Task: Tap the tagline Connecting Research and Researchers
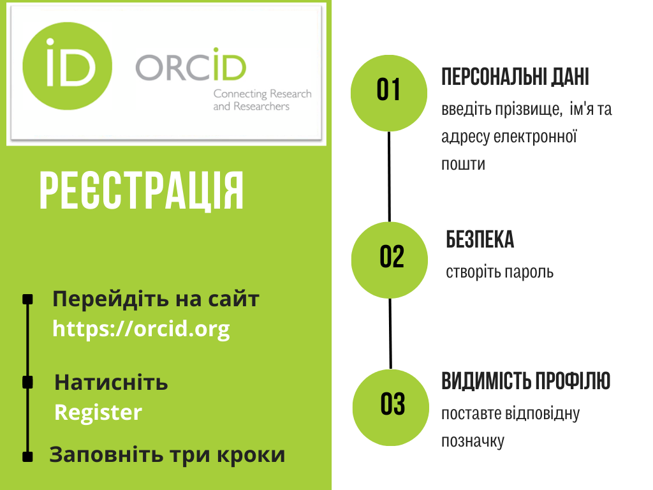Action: tap(262, 100)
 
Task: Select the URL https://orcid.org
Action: tap(141, 329)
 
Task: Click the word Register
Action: tap(98, 412)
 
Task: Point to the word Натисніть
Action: tap(111, 383)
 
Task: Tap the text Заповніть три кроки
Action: tap(167, 455)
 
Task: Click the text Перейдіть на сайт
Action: tap(156, 299)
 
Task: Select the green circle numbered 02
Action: tap(390, 260)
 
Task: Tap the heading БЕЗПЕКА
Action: tap(480, 241)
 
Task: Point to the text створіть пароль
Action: tap(499, 272)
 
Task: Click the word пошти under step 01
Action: tap(463, 164)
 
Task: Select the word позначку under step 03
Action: tap(473, 441)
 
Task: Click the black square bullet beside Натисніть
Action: tap(27, 382)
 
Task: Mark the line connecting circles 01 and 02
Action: tap(389, 177)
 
